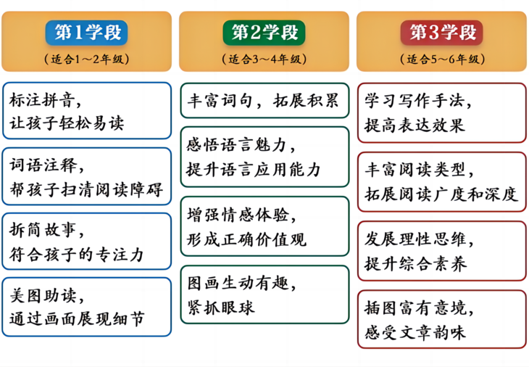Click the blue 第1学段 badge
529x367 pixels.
(x=87, y=32)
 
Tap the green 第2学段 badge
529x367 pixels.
(x=264, y=32)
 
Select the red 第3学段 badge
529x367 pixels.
(x=442, y=32)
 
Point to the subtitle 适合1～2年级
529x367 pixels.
(x=87, y=58)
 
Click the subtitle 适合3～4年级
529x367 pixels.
(x=264, y=58)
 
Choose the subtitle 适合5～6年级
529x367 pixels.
(x=442, y=58)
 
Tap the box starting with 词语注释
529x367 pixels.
(x=87, y=176)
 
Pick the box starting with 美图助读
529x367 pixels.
(x=87, y=307)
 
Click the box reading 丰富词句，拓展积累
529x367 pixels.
(x=264, y=100)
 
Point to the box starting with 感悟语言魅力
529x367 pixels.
(x=264, y=157)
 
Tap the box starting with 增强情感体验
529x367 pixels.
(x=264, y=226)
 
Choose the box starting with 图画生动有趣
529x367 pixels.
(x=264, y=294)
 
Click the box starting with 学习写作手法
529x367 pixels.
(x=441, y=112)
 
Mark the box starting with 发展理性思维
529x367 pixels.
(x=441, y=250)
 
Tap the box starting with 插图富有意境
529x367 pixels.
(x=441, y=319)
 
